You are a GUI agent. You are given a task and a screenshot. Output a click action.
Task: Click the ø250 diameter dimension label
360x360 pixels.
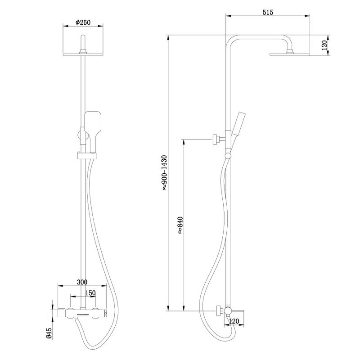point(84,22)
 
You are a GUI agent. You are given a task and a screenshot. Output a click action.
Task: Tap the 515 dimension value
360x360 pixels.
point(268,13)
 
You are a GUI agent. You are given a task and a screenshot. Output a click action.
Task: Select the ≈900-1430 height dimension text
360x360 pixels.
point(165,173)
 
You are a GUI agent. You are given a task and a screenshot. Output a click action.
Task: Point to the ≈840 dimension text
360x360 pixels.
point(180,224)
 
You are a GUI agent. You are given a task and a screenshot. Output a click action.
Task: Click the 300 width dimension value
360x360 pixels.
point(81,282)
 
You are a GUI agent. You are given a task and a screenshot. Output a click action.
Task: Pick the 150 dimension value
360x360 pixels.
point(90,293)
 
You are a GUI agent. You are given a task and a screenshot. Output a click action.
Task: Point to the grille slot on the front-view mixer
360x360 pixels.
point(84,313)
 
